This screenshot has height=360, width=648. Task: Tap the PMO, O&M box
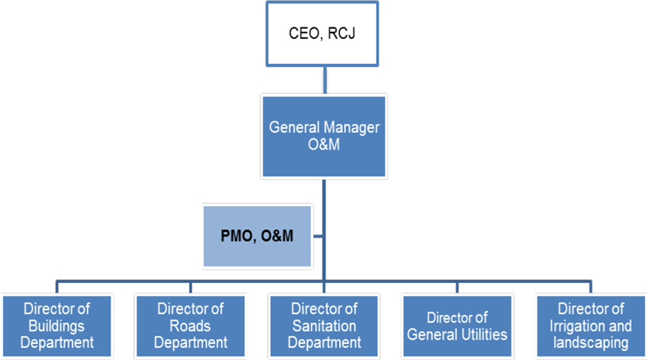(x=257, y=236)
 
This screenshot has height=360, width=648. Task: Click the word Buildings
(x=57, y=326)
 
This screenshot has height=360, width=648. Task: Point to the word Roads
(x=191, y=326)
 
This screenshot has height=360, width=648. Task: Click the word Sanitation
(x=324, y=326)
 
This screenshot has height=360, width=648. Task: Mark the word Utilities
(x=483, y=334)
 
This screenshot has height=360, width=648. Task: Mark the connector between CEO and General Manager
(x=325, y=81)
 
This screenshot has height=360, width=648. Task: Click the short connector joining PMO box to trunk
(x=319, y=236)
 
